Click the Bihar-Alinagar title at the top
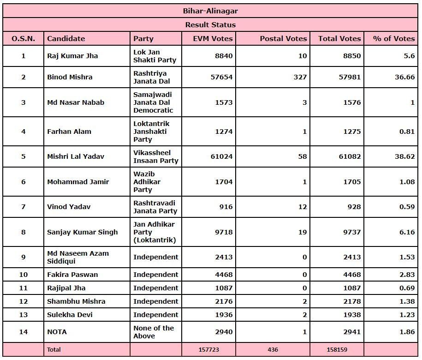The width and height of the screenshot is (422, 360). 210,11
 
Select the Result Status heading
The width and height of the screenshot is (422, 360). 210,25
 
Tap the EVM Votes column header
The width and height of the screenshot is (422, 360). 213,39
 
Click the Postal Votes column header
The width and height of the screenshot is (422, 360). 283,39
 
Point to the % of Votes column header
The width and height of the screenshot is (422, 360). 393,39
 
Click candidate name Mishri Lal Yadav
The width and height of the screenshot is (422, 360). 76,156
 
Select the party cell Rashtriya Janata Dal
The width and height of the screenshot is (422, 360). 150,77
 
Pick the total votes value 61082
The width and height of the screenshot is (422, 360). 350,156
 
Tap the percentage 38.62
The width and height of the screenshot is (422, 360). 404,156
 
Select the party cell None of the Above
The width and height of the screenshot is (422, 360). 154,332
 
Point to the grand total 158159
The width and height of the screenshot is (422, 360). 337,350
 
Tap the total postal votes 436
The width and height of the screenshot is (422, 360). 273,350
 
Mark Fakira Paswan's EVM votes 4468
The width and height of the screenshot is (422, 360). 222,275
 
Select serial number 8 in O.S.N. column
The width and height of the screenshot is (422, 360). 24,232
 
